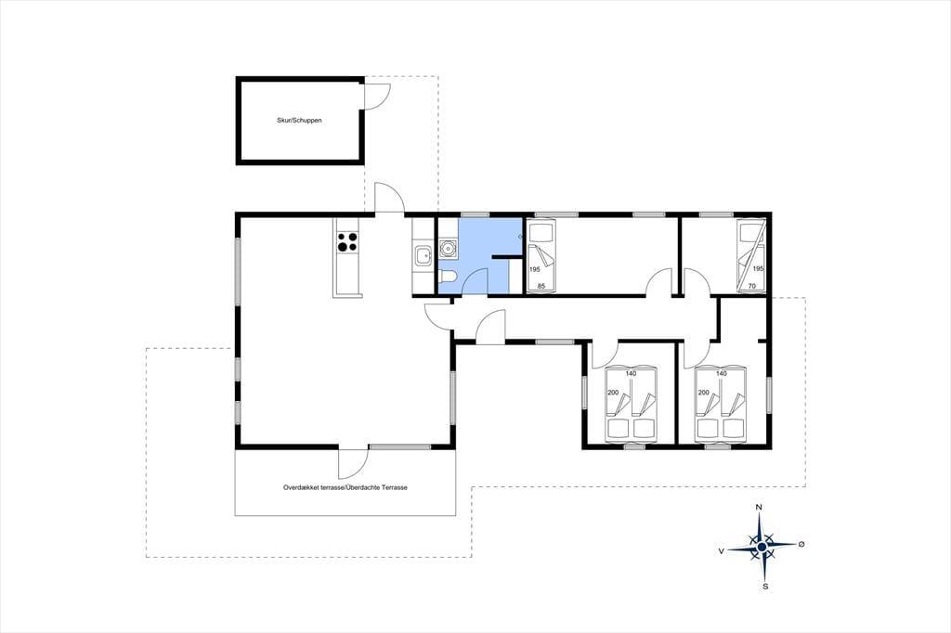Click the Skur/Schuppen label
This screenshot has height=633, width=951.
pyautogui.click(x=299, y=121)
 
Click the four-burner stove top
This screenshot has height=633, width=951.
pyautogui.click(x=347, y=242)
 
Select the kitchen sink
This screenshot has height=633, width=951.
pyautogui.click(x=423, y=255)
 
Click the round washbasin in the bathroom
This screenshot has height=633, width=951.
pyautogui.click(x=448, y=248)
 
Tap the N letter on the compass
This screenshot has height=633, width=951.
pyautogui.click(x=758, y=507)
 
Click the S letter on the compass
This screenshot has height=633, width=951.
pyautogui.click(x=765, y=587)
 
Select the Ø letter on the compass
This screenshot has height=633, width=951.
pyautogui.click(x=801, y=544)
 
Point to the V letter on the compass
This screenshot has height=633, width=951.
pyautogui.click(x=721, y=551)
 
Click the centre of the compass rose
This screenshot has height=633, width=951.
pyautogui.click(x=762, y=547)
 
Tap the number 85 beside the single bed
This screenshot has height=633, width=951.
pyautogui.click(x=541, y=286)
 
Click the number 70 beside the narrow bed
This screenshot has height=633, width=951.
pyautogui.click(x=752, y=286)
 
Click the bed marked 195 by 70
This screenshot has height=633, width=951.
pyautogui.click(x=750, y=256)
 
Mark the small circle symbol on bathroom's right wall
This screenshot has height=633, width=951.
pyautogui.click(x=520, y=237)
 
